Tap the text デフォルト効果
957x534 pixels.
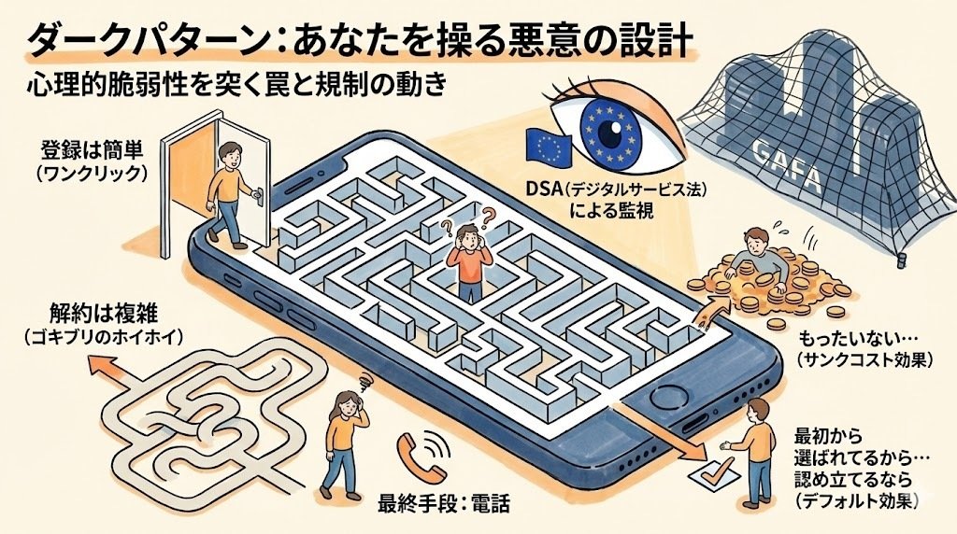coord(858,501)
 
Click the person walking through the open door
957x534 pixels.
coord(228,191)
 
